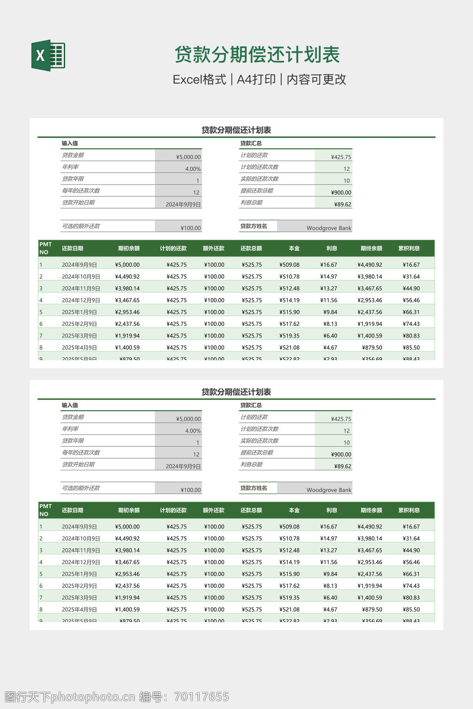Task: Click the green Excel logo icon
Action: [x=48, y=55]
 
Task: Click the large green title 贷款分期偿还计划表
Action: [x=257, y=55]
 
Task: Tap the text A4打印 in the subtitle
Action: [x=256, y=79]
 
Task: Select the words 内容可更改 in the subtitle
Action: [x=316, y=79]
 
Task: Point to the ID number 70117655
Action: [x=201, y=697]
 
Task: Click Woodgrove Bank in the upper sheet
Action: [x=329, y=228]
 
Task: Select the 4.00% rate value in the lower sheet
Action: [x=193, y=431]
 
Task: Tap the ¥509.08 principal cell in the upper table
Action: [x=290, y=265]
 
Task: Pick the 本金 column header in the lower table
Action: [x=294, y=510]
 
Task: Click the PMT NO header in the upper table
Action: [x=46, y=248]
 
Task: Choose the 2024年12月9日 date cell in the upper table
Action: [x=81, y=300]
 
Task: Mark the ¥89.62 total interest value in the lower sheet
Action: [x=343, y=466]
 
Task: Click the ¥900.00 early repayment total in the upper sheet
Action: [x=341, y=192]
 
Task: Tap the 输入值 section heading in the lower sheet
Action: [x=70, y=405]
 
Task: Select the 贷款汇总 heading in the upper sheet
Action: [x=251, y=143]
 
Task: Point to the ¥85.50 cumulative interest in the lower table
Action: [x=411, y=609]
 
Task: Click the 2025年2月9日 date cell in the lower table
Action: [x=79, y=586]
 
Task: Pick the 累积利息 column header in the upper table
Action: [x=409, y=248]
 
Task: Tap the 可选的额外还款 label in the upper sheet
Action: [x=81, y=226]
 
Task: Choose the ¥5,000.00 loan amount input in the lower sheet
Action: [x=188, y=419]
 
